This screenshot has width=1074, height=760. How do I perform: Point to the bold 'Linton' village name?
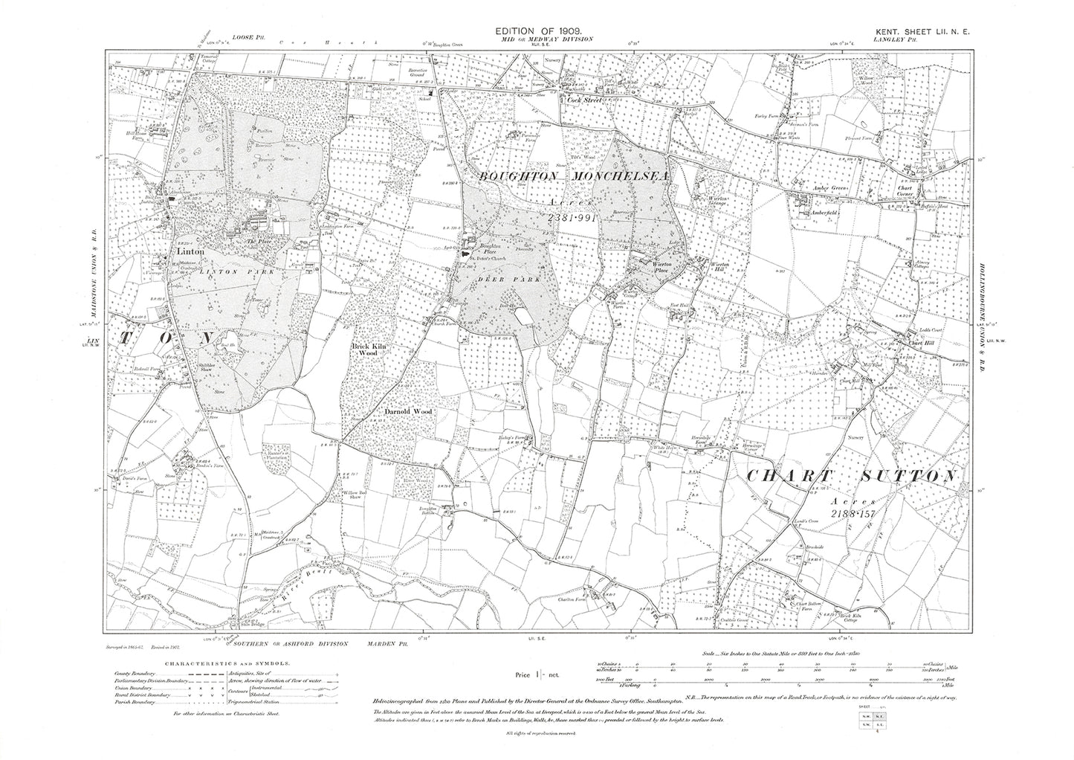coord(190,252)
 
